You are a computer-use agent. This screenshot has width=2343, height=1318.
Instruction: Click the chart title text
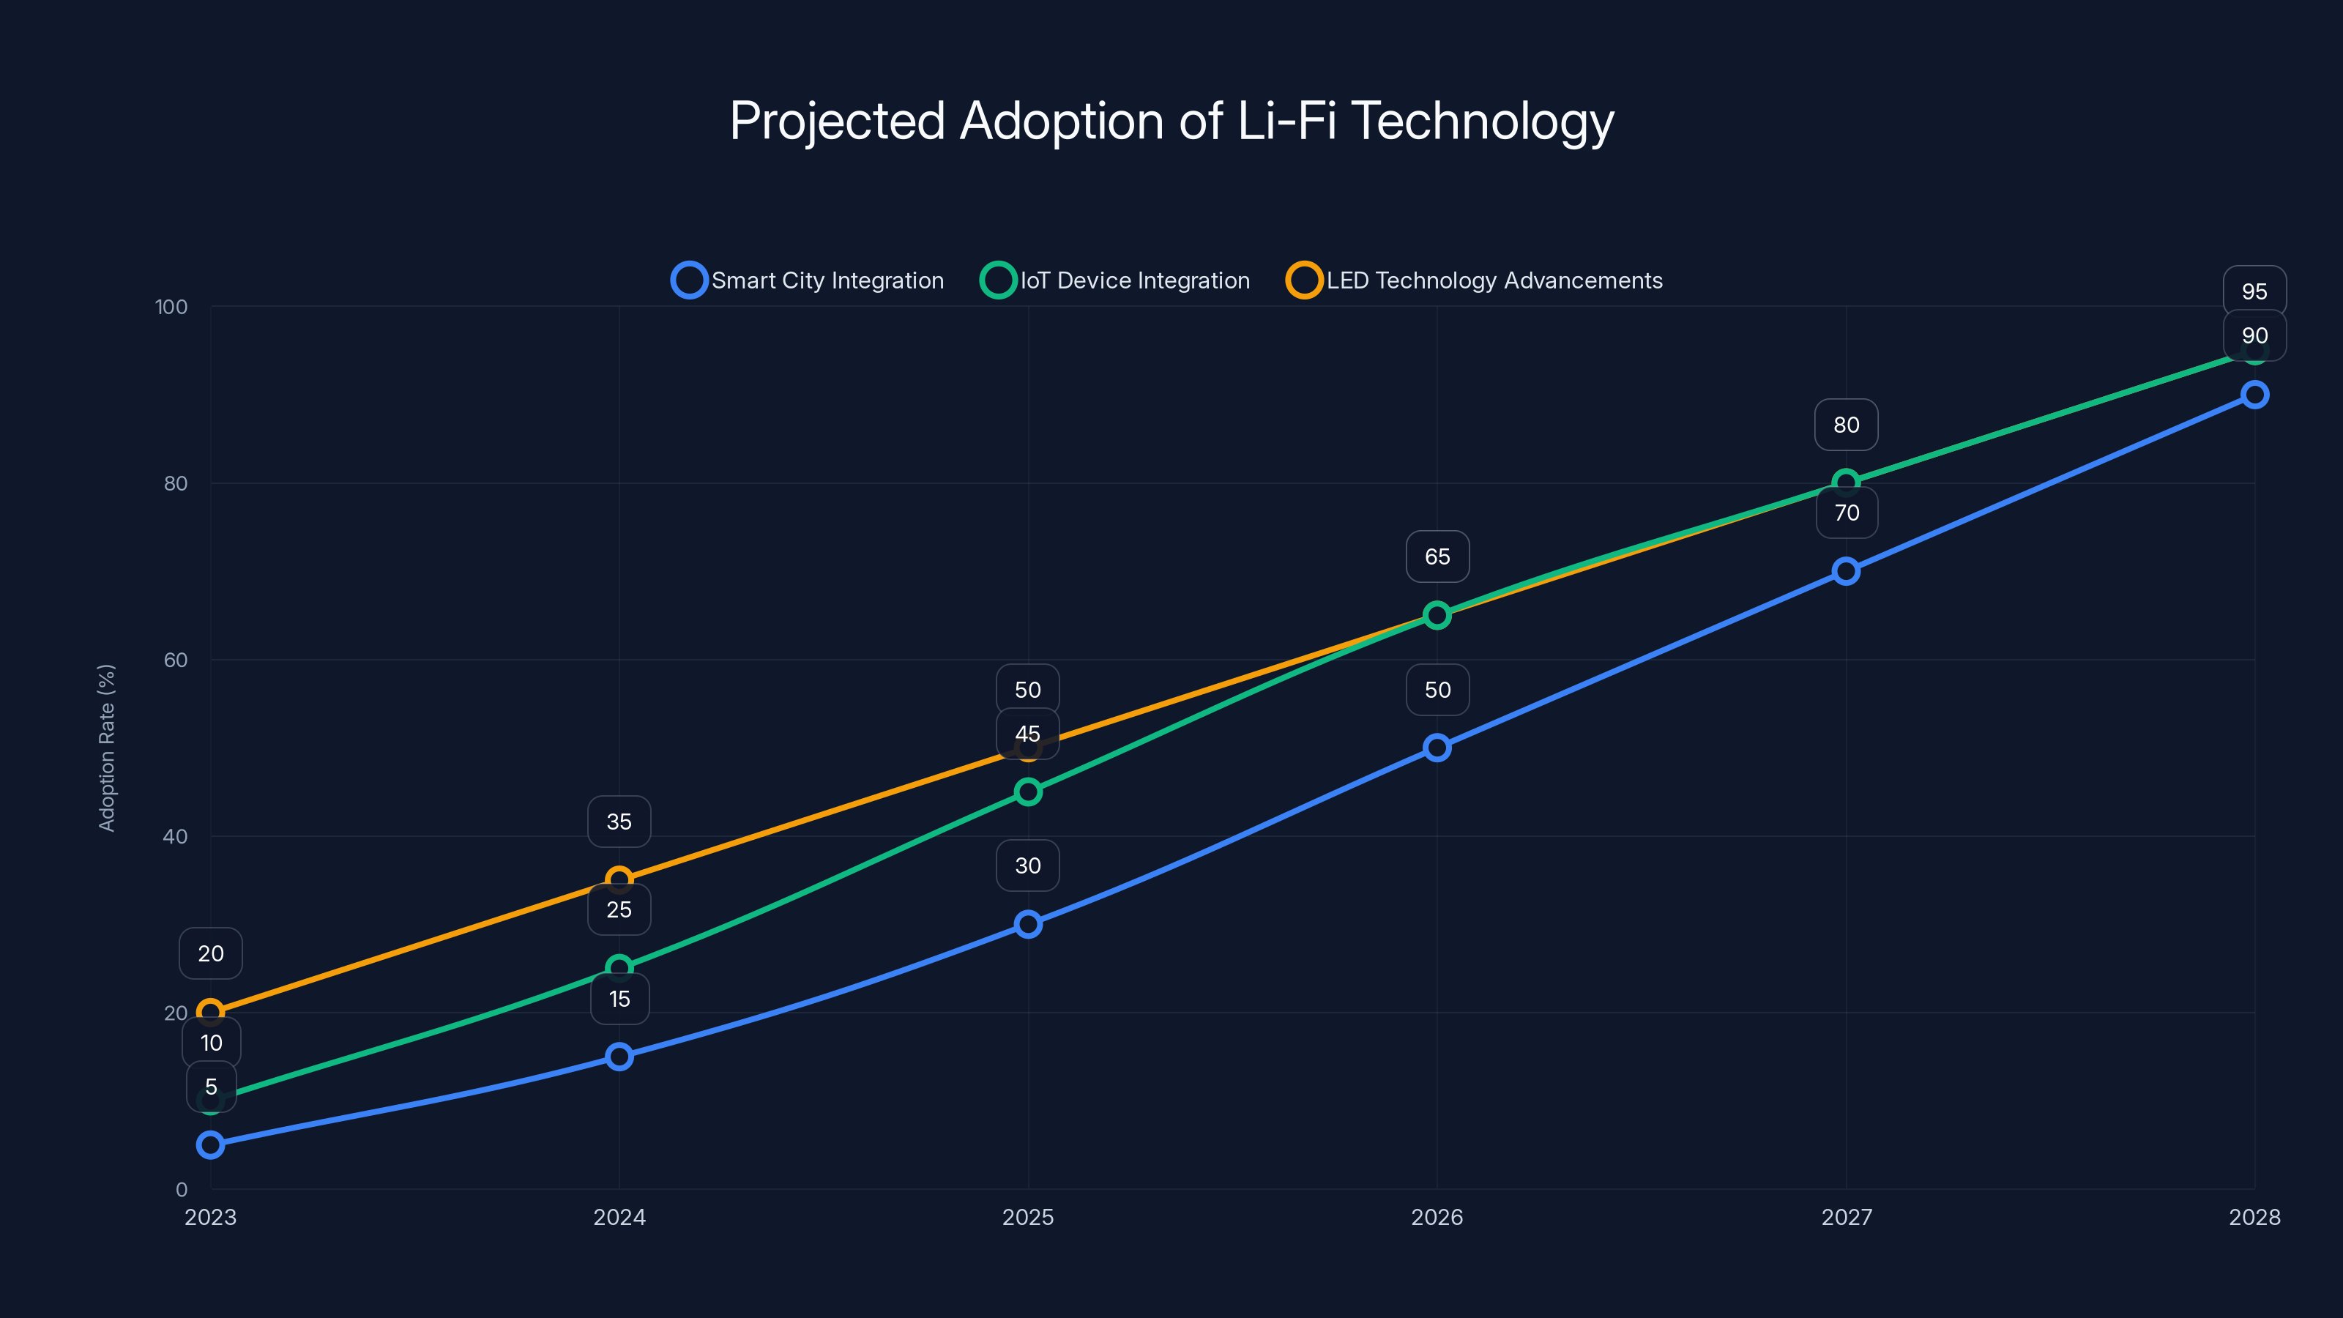pyautogui.click(x=1171, y=121)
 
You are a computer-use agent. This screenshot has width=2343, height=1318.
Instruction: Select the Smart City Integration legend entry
pyautogui.click(x=808, y=280)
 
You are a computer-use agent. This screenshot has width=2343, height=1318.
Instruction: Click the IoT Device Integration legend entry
pyautogui.click(x=1115, y=280)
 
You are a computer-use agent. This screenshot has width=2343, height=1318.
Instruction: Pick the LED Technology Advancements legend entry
pyautogui.click(x=1475, y=280)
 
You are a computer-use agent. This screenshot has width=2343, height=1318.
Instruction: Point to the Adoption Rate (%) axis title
pyautogui.click(x=106, y=748)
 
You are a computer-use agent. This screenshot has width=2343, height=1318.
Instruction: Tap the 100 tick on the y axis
pyautogui.click(x=171, y=307)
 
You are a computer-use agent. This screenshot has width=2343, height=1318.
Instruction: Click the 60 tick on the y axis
pyautogui.click(x=176, y=660)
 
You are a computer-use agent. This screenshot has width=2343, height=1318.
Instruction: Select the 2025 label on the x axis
pyautogui.click(x=1028, y=1217)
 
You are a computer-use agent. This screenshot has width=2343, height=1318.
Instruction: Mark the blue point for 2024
pyautogui.click(x=619, y=1056)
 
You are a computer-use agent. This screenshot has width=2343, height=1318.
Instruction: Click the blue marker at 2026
pyautogui.click(x=1437, y=748)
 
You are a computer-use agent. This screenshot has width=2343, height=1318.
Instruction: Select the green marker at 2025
pyautogui.click(x=1028, y=792)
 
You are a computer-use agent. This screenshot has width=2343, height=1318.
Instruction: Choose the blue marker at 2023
pyautogui.click(x=210, y=1144)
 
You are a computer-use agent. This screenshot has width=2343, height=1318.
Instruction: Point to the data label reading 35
pyautogui.click(x=619, y=822)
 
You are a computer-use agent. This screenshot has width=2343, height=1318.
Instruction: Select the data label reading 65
pyautogui.click(x=1437, y=556)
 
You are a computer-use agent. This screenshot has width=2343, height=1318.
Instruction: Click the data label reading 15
pyautogui.click(x=619, y=999)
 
